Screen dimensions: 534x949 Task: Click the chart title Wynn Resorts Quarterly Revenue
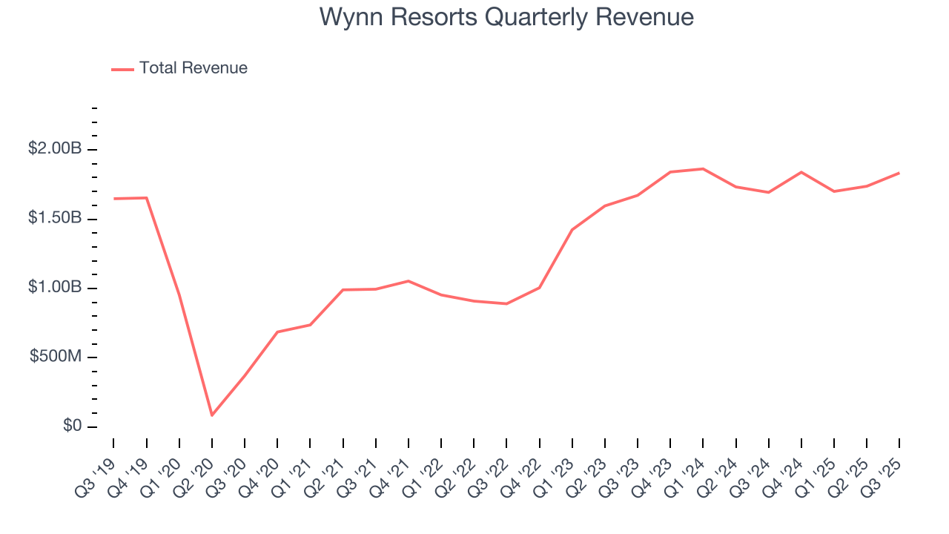tap(506, 17)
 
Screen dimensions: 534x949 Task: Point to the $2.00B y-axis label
tap(55, 149)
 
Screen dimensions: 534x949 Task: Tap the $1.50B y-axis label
tap(55, 219)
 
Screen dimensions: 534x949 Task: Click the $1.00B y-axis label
tap(55, 288)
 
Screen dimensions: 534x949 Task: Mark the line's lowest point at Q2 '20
tap(212, 415)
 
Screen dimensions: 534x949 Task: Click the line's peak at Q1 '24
tap(703, 168)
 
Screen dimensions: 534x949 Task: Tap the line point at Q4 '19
tap(147, 198)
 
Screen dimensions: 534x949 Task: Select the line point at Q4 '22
tap(539, 288)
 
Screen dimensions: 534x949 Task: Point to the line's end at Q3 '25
tap(899, 173)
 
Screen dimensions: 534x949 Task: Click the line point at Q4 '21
tap(409, 281)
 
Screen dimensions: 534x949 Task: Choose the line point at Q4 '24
tap(801, 172)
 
